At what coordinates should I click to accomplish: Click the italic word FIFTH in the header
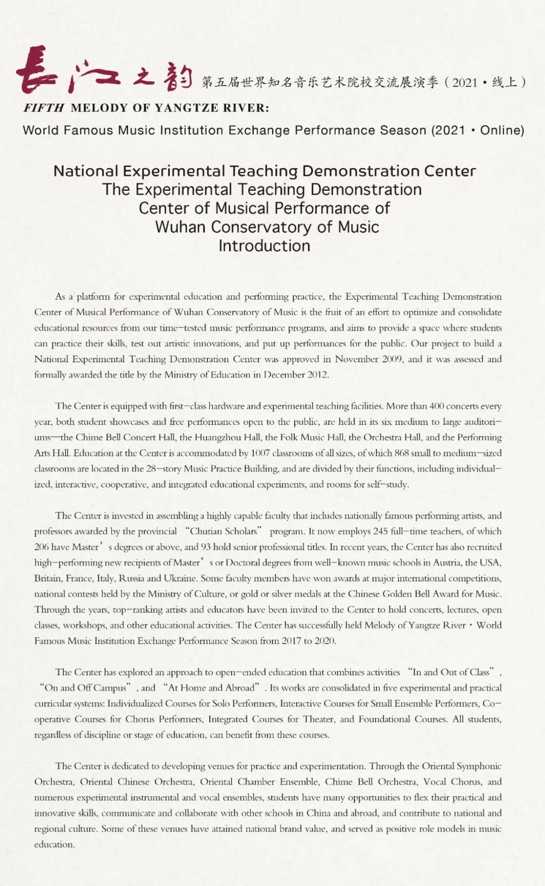coord(44,108)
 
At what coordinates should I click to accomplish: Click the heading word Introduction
coord(264,246)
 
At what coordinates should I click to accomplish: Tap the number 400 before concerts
coord(437,406)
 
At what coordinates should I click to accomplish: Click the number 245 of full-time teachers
coord(380,531)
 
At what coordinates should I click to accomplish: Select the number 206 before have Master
coord(41,547)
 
